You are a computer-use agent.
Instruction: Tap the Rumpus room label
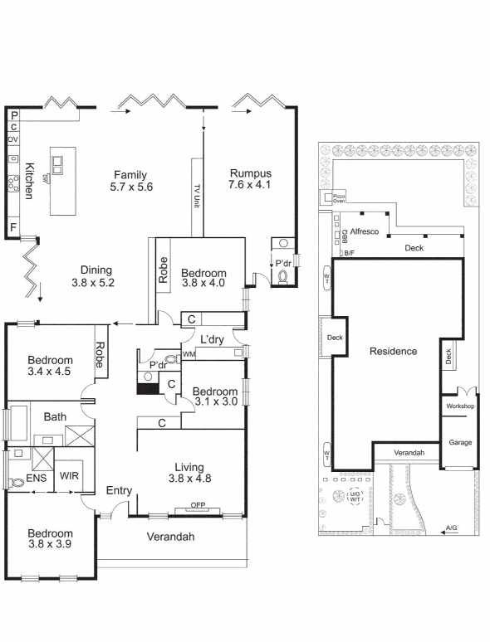click(251, 173)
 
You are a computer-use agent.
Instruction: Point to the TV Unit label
click(197, 197)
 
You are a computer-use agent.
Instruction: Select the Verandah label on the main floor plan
click(170, 537)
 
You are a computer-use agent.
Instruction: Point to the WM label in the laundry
click(189, 355)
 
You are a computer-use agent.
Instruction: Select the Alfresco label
click(365, 231)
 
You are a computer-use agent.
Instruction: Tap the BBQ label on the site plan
click(343, 233)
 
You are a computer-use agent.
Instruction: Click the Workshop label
click(459, 406)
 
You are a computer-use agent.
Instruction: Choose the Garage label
click(460, 442)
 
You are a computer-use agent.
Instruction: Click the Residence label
click(393, 351)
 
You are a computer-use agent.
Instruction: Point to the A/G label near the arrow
click(451, 528)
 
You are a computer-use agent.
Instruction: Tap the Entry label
click(120, 490)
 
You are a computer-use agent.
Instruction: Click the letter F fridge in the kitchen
click(13, 226)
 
